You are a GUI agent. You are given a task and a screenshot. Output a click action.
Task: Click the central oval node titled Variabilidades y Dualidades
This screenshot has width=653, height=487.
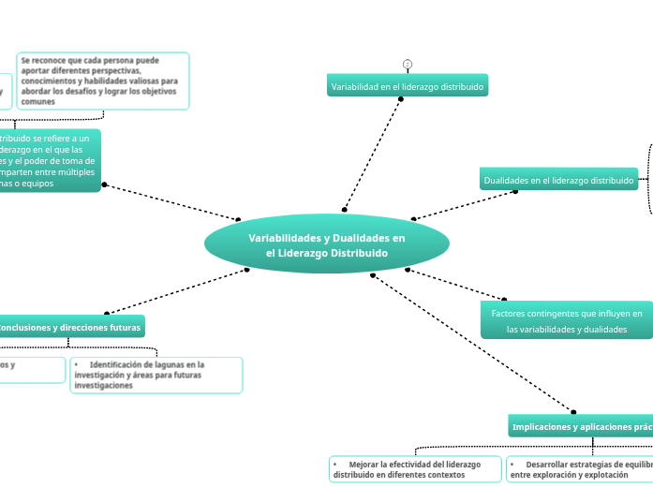(x=326, y=244)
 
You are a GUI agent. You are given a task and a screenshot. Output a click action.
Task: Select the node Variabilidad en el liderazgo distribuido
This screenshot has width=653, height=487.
(x=408, y=86)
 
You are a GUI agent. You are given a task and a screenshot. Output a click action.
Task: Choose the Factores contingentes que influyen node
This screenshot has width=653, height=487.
(x=566, y=320)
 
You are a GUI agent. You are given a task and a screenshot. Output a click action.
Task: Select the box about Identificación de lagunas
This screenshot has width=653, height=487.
(x=156, y=375)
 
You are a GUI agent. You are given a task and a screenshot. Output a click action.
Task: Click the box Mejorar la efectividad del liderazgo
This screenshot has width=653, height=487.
(x=416, y=469)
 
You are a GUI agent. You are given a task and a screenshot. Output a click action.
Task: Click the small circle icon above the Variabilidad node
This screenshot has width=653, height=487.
(x=408, y=65)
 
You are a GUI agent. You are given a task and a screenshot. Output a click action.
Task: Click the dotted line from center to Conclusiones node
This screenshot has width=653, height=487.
(x=178, y=291)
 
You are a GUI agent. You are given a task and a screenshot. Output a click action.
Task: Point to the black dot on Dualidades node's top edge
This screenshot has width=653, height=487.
(x=516, y=191)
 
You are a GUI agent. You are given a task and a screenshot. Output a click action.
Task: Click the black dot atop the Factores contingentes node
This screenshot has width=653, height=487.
(x=504, y=299)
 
